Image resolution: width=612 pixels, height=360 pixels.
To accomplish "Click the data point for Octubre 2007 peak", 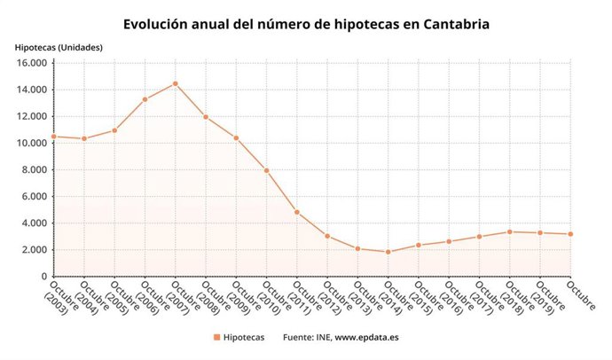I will (176, 83).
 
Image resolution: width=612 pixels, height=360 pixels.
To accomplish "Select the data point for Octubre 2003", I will (54, 137).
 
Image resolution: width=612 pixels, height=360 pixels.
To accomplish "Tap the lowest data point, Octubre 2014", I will (388, 252).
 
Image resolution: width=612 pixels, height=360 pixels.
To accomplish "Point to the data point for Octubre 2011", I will (297, 212).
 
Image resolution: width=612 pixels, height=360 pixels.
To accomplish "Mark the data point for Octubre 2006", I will (145, 99).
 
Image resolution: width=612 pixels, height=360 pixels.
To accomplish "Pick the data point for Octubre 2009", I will (236, 137).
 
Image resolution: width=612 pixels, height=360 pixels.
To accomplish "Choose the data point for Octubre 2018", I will (509, 231).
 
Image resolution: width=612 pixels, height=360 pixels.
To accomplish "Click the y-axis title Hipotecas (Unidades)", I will (58, 46).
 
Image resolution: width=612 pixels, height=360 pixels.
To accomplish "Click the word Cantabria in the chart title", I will (451, 23).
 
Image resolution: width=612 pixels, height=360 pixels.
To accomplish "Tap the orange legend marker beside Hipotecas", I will (216, 337).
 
